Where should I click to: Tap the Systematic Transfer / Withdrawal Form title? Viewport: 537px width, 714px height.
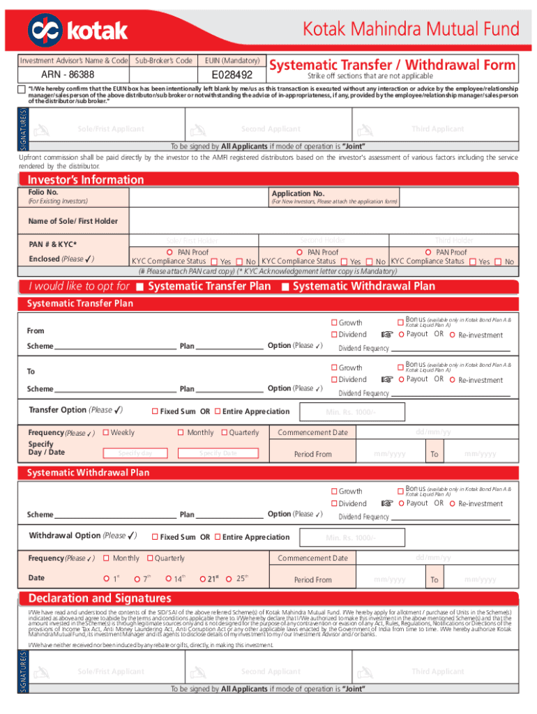(x=393, y=65)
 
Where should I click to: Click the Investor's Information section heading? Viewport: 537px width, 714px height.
(x=85, y=180)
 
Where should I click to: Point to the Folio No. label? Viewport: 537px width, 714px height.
(x=43, y=192)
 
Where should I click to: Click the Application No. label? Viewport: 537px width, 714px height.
(x=298, y=193)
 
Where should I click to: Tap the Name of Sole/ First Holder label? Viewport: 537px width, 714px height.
(x=73, y=221)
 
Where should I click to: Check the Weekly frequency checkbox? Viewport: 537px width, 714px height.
(x=106, y=433)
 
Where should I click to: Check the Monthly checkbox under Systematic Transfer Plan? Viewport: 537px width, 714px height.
(x=182, y=433)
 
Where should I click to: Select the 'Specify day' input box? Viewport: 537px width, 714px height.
(x=135, y=453)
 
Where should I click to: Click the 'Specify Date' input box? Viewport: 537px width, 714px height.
(x=218, y=453)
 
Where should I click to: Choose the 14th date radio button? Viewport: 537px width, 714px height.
(x=168, y=579)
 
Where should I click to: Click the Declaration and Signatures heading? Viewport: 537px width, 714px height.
(x=100, y=598)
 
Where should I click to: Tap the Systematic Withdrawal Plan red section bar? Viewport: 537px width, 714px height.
(x=268, y=473)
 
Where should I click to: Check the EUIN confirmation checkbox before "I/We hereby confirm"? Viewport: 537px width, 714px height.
(x=21, y=89)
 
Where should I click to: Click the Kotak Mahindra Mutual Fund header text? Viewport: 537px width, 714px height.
(x=411, y=29)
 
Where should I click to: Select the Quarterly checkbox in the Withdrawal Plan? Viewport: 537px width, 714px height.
(x=149, y=559)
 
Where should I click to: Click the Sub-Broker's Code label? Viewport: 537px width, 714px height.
(x=163, y=61)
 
